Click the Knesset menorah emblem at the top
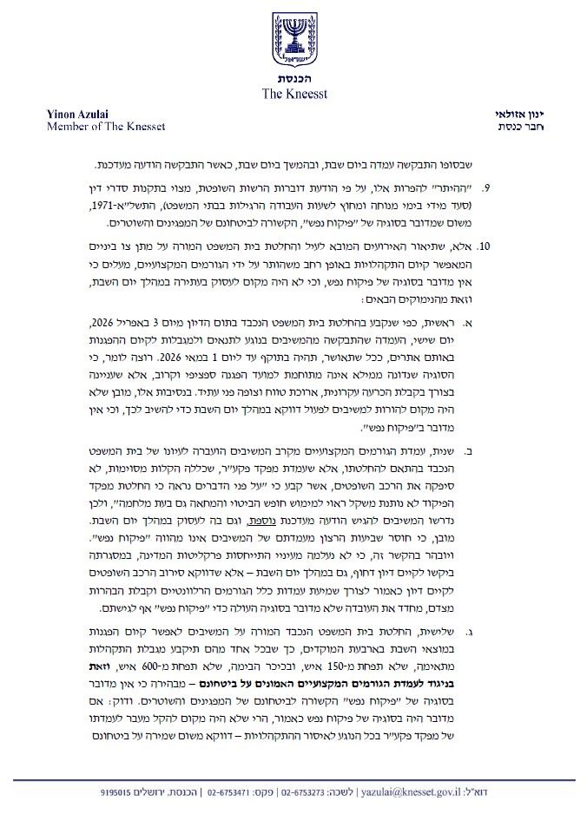click(x=293, y=40)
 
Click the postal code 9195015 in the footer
click(x=119, y=792)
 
